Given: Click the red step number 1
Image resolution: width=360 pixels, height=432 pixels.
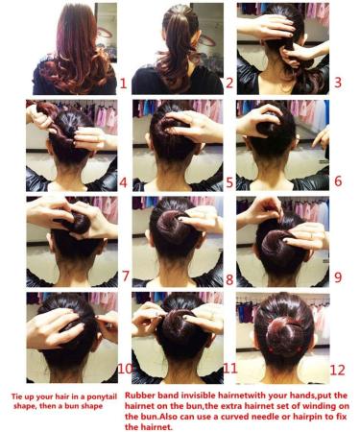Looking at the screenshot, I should [122, 84].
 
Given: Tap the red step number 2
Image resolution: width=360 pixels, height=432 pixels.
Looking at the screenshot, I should [228, 84].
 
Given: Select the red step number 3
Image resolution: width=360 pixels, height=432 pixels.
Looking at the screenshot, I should [337, 84].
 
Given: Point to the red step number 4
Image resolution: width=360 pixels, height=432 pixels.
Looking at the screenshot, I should [122, 180].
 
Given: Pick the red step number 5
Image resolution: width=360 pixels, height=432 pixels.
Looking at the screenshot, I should [228, 180].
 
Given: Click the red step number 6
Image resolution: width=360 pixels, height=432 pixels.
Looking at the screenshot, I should [337, 180].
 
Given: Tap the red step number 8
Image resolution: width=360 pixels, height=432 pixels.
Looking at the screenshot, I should [228, 278].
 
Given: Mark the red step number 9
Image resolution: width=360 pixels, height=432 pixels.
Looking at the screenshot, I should [337, 276].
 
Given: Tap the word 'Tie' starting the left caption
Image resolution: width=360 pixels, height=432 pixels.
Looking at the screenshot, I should [17, 396].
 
